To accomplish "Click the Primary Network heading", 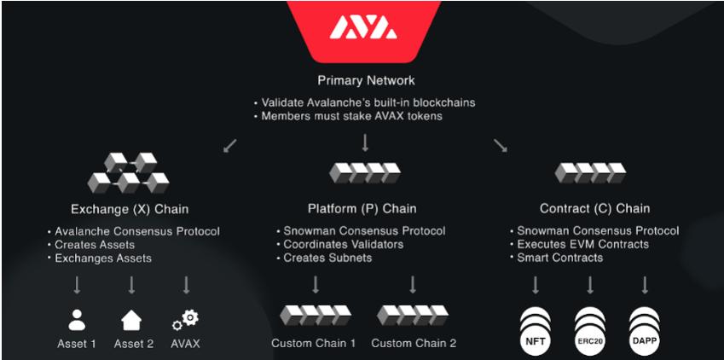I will [x=366, y=81].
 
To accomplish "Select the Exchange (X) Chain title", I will [x=130, y=208].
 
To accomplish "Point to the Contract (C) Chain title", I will [x=594, y=208].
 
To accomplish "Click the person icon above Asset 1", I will [x=77, y=320].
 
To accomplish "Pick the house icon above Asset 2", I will [x=131, y=320].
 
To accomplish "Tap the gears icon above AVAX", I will [x=185, y=320].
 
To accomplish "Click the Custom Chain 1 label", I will [x=314, y=344].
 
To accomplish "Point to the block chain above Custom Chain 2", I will [x=414, y=315].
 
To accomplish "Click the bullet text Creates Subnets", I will [x=327, y=258].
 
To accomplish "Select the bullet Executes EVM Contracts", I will [x=582, y=244].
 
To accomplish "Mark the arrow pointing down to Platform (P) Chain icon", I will [x=365, y=142].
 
